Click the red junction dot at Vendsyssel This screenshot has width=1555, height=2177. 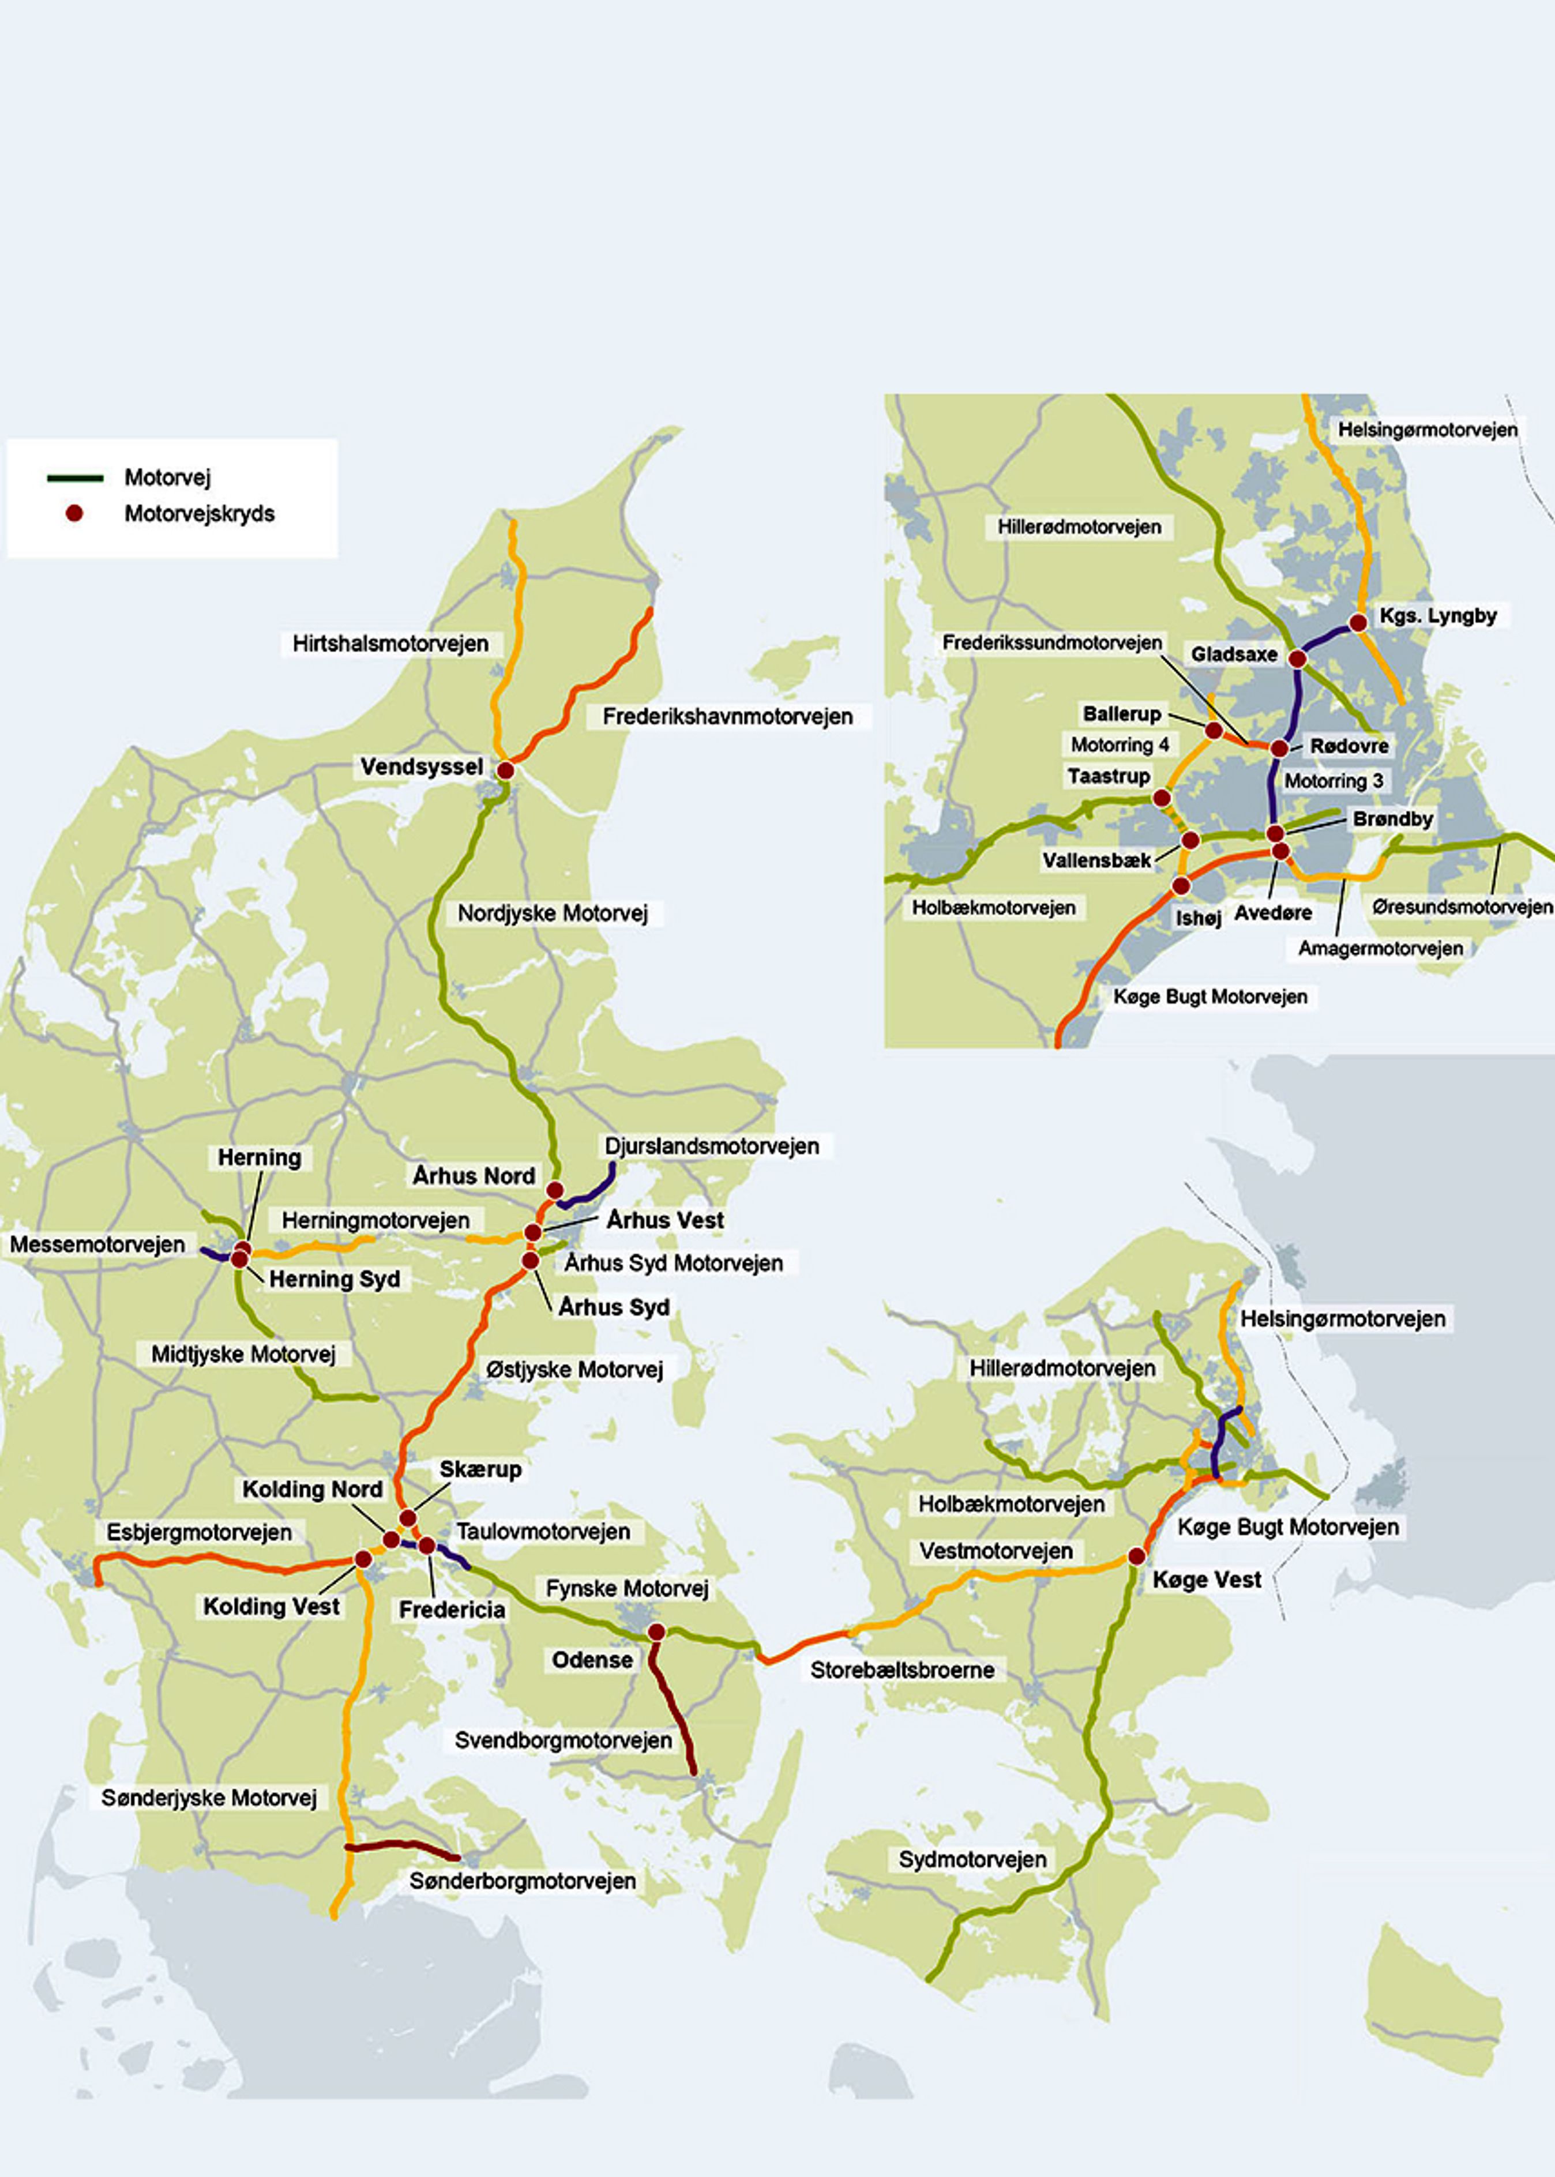pos(506,770)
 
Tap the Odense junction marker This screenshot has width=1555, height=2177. pos(656,1631)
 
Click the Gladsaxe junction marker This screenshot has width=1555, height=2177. pos(1297,659)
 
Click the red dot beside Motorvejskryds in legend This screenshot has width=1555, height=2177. pos(74,513)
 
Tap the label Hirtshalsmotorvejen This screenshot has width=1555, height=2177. pos(390,644)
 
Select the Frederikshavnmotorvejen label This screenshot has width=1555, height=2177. pos(728,716)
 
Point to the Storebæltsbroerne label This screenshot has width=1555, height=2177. pos(902,1670)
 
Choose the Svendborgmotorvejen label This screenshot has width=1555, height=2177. pos(563,1739)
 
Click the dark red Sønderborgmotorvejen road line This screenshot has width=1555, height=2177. pos(402,1844)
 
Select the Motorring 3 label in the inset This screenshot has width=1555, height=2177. pos(1334,781)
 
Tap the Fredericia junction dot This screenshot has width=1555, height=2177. pos(427,1545)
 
